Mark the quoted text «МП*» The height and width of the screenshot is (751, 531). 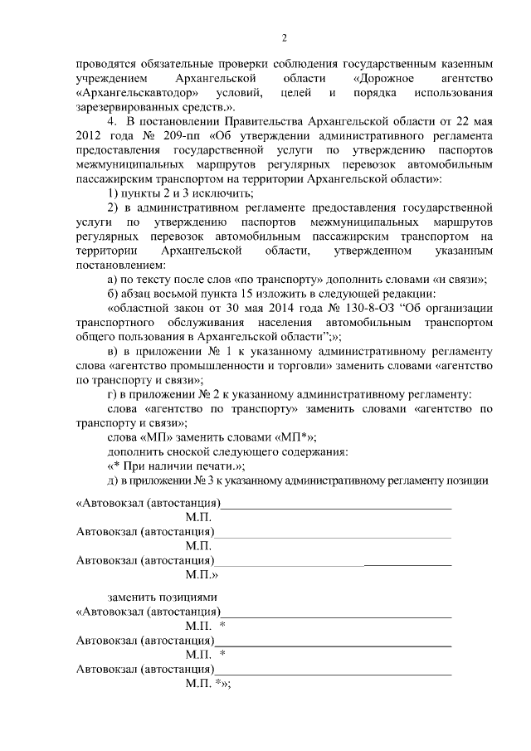301,437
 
